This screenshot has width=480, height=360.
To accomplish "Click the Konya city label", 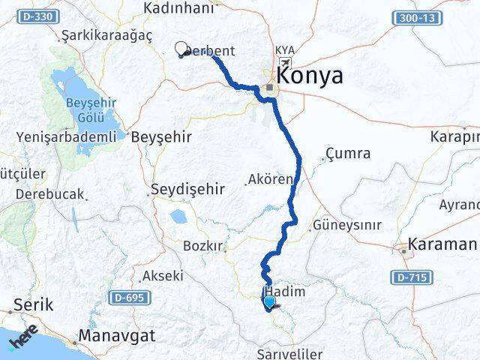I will pyautogui.click(x=310, y=76).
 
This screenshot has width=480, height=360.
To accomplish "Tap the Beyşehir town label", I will pyautogui.click(x=161, y=137).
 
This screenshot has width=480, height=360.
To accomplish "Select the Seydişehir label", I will pyautogui.click(x=187, y=189).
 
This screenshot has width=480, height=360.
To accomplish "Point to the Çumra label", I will pyautogui.click(x=348, y=154).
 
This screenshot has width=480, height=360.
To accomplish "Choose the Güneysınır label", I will pyautogui.click(x=346, y=225).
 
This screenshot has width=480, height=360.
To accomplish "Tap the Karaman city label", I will pyautogui.click(x=442, y=244).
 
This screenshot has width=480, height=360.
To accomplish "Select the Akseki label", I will pyautogui.click(x=162, y=275).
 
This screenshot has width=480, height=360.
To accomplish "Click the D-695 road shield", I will pyautogui.click(x=127, y=298).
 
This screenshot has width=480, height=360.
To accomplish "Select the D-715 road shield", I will pyautogui.click(x=409, y=278).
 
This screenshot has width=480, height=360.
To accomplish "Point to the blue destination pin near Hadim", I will pyautogui.click(x=269, y=302).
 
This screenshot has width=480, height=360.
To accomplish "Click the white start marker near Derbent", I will pyautogui.click(x=180, y=49).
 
